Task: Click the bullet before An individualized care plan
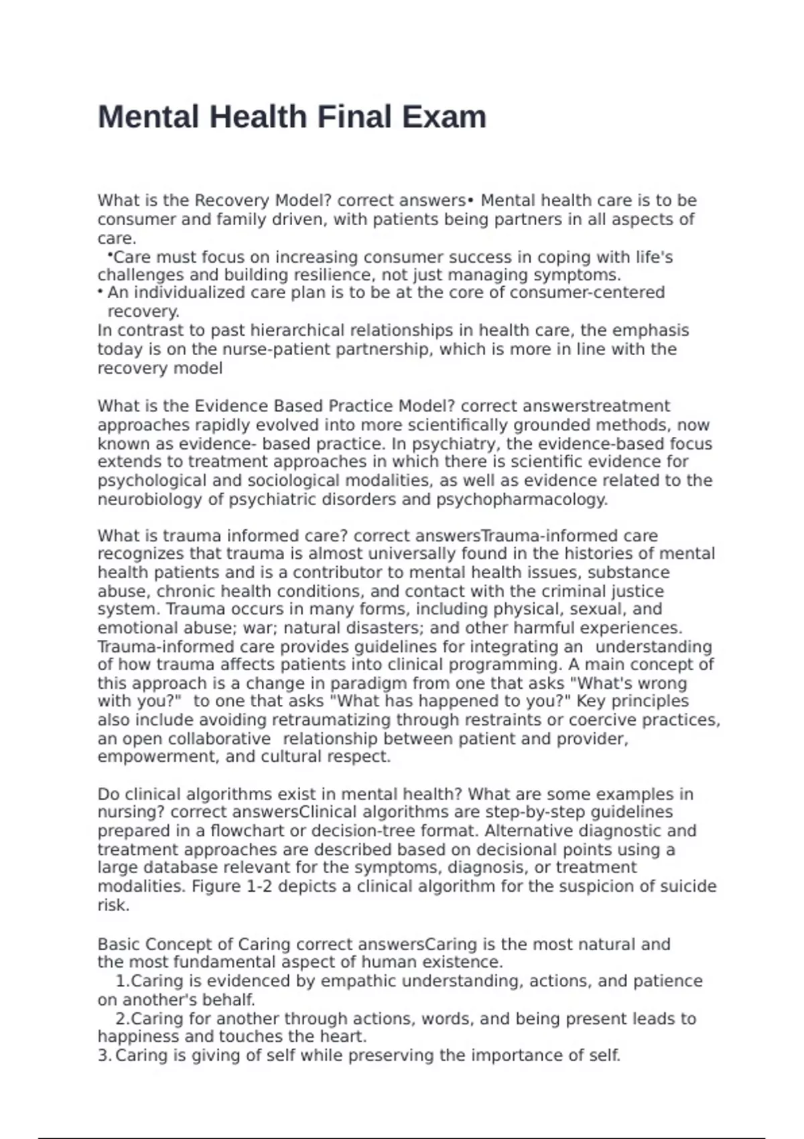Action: [100, 293]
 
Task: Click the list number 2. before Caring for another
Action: [122, 1018]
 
